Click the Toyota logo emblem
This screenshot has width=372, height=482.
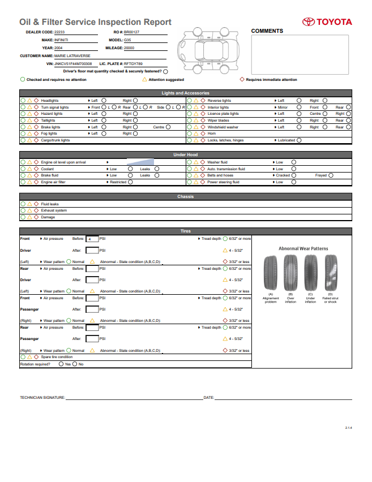308,22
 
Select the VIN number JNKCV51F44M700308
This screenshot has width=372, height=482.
73,64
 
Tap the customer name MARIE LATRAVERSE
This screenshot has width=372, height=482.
69,56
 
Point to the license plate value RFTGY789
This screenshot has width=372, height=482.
134,64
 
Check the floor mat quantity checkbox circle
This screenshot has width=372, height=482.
165,72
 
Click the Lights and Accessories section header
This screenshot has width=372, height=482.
186,93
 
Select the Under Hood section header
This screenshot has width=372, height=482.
186,154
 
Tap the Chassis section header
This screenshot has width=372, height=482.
186,197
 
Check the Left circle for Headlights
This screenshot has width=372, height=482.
104,101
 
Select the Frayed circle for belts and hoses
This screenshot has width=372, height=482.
331,175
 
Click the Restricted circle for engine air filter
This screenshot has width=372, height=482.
131,182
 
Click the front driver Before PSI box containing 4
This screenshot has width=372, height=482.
92,239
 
